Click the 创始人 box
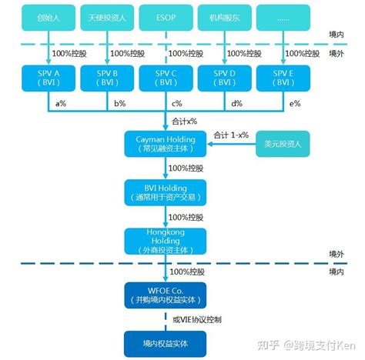(49, 18)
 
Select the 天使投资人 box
(107, 18)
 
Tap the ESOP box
(166, 18)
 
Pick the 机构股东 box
(225, 18)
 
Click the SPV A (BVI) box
(49, 78)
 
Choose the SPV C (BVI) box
(166, 78)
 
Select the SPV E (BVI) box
(283, 78)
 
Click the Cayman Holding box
(166, 144)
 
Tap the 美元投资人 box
(283, 144)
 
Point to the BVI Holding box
(166, 192)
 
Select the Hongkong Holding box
(166, 242)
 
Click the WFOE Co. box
(166, 295)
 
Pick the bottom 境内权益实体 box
(166, 344)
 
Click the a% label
(61, 104)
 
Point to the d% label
(236, 104)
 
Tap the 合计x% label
(184, 122)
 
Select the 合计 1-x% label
(231, 135)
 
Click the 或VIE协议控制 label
(197, 319)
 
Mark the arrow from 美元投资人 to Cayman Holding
(231, 144)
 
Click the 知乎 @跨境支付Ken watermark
(306, 345)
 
